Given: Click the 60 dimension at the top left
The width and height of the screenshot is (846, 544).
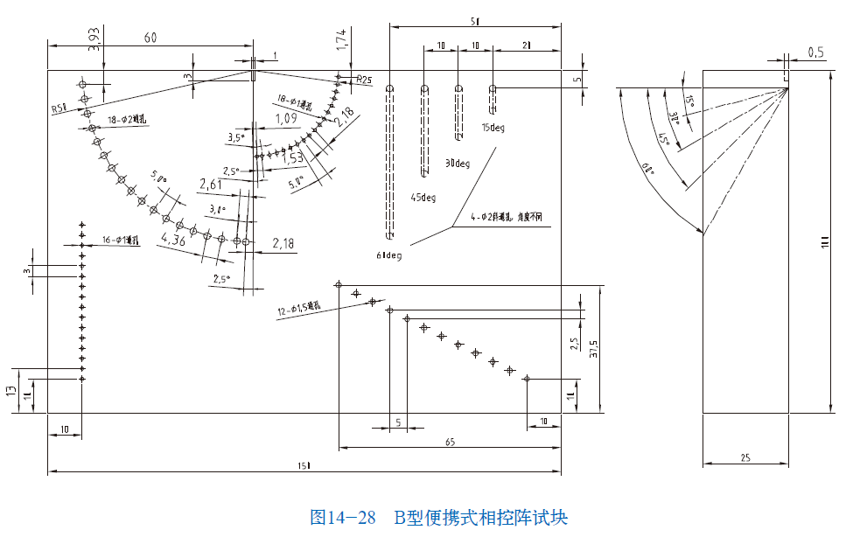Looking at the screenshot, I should [150, 38].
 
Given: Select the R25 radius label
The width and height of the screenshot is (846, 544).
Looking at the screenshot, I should [363, 80].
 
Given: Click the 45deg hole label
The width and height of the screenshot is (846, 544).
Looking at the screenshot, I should [423, 198].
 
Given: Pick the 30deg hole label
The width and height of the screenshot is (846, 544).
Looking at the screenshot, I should [457, 164].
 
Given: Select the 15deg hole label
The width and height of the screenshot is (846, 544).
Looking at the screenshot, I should [493, 128].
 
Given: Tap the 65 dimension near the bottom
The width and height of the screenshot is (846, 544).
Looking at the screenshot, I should [449, 442].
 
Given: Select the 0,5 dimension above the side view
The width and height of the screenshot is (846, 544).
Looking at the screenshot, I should [815, 53].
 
